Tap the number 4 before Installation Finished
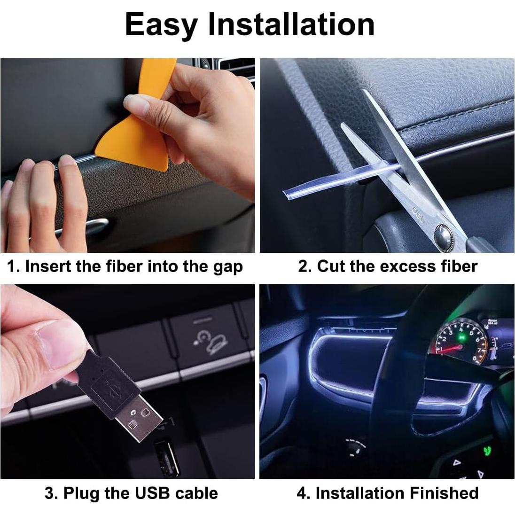coord(301,493)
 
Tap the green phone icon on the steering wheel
coord(488,452)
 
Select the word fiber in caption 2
coord(459,266)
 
